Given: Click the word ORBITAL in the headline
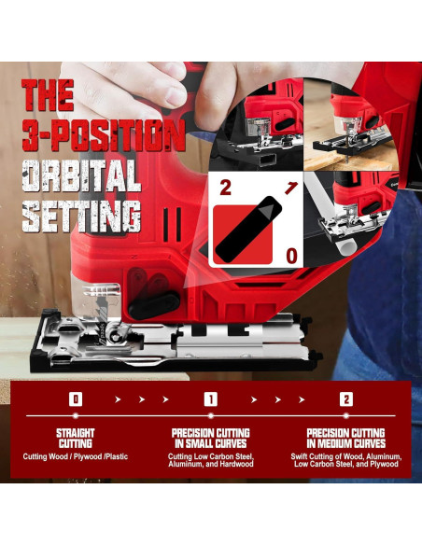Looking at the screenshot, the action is [81, 175].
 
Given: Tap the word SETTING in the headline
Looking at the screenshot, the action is [81, 217].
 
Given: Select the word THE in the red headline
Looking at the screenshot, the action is [48, 95].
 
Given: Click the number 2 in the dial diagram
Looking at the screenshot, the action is [225, 188].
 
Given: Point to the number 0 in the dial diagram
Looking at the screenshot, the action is [291, 256].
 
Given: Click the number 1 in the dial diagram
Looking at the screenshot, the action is [291, 188].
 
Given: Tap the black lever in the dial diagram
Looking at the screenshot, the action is [248, 229].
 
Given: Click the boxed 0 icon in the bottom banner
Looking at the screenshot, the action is [76, 399].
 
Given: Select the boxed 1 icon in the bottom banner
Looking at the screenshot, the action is [211, 399].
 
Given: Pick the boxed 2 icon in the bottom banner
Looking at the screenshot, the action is [346, 399].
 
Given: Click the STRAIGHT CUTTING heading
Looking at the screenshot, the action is [76, 439].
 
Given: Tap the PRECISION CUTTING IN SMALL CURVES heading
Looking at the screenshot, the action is [211, 439].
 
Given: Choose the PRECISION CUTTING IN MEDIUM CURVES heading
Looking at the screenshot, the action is [346, 439].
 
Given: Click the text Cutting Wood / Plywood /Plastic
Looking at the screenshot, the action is [76, 456].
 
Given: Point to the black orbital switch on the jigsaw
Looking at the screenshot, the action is [154, 304].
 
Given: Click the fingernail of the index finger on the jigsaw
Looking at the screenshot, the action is [176, 96].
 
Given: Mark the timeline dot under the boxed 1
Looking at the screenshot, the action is [211, 415].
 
